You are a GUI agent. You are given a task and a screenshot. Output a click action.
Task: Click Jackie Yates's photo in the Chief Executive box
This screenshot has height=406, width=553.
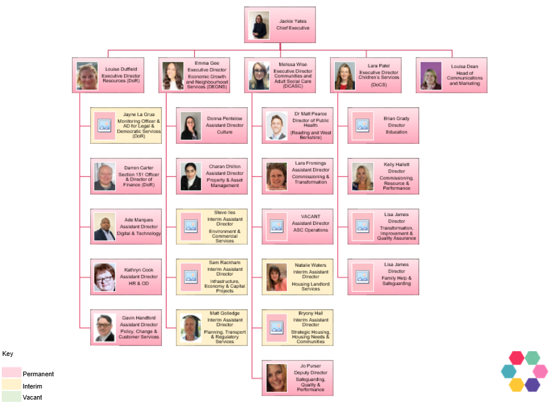(259, 25)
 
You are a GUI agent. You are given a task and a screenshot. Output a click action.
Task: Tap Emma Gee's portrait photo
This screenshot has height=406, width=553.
(172, 76)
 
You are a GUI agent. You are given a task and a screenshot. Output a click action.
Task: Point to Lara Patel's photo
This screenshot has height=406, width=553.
(345, 76)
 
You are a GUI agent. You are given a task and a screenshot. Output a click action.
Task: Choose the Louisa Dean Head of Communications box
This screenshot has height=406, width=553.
(451, 75)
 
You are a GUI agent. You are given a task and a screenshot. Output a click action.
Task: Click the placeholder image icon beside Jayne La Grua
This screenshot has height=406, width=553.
(105, 125)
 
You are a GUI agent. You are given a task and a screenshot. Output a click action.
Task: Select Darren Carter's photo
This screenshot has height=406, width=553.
(105, 176)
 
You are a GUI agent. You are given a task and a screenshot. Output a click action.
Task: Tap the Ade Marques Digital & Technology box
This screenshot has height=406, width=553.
(126, 227)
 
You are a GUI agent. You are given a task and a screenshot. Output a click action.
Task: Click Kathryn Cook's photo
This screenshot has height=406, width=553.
(105, 278)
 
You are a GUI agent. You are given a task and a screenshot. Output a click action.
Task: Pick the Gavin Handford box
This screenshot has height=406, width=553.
(126, 328)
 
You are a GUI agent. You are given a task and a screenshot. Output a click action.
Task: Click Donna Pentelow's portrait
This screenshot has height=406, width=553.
(190, 126)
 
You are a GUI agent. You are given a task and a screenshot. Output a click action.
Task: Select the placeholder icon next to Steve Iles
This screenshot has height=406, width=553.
(190, 226)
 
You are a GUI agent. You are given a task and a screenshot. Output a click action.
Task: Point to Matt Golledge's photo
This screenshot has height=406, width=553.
(190, 327)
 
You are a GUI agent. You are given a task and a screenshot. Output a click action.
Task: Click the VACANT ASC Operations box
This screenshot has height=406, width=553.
(297, 227)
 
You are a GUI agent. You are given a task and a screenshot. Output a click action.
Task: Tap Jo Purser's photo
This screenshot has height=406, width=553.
(276, 378)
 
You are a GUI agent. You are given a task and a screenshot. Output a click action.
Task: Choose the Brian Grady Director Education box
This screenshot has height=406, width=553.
(383, 125)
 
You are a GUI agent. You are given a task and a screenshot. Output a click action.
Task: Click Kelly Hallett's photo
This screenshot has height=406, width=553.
(362, 176)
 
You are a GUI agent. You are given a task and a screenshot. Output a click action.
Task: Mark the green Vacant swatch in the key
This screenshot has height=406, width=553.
(11, 397)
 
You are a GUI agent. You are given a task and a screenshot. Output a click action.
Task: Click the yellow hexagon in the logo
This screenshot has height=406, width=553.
(516, 384)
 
